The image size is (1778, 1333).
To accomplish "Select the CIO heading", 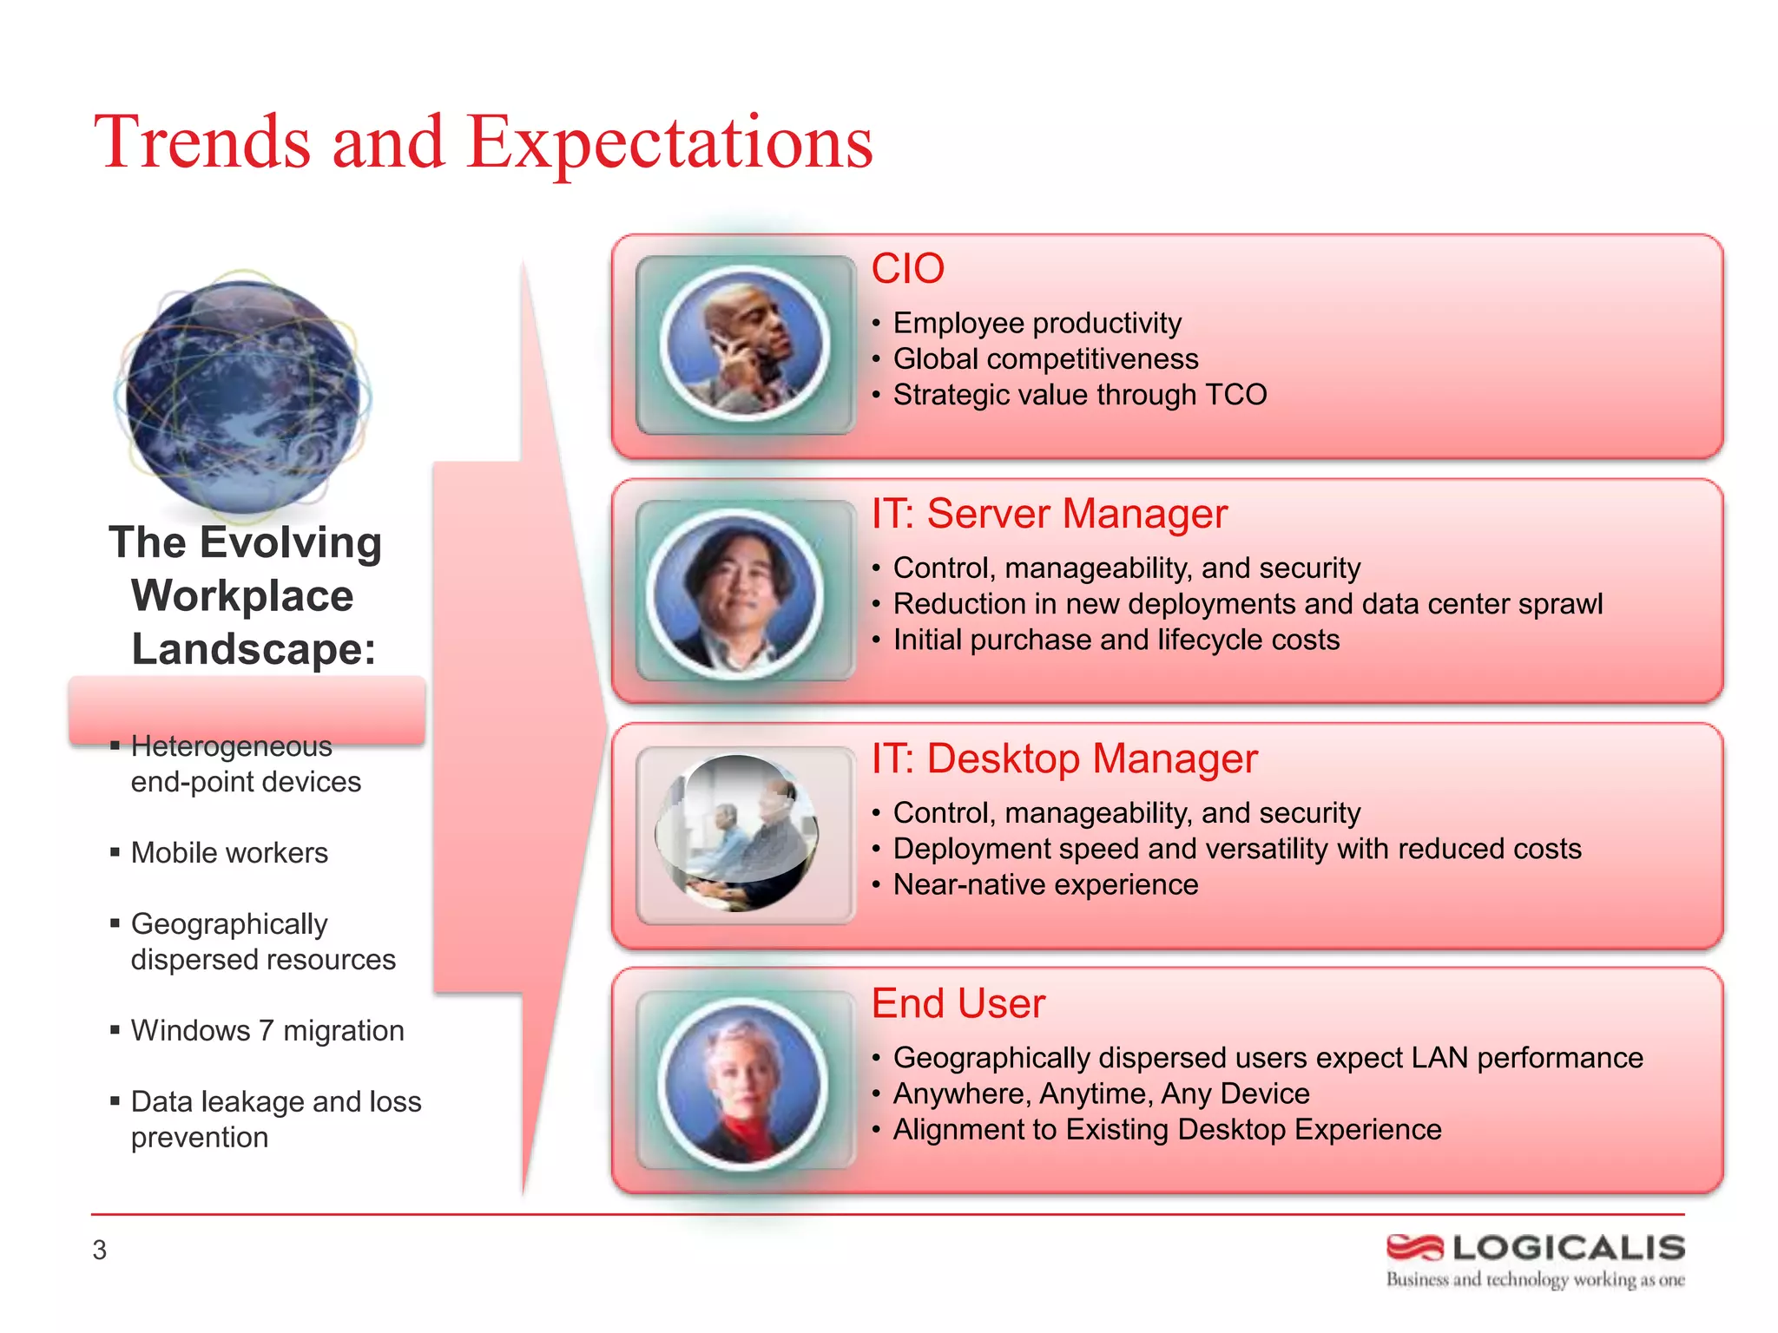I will (907, 269).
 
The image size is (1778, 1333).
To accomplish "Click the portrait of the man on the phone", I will (745, 345).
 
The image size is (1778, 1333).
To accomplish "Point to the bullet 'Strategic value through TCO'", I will (1079, 395).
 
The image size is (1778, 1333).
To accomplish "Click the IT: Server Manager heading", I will (1049, 514).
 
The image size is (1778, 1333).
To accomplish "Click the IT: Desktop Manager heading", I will (1064, 758).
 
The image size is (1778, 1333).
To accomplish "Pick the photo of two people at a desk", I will (738, 834).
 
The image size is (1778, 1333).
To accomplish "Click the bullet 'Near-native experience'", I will (1045, 884).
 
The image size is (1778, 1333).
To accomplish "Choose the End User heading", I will (958, 1004).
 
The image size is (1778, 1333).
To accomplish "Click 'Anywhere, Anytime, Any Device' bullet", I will (1101, 1093).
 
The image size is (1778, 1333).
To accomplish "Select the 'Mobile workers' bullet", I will (229, 853).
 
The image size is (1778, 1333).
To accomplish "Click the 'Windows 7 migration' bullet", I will (267, 1031).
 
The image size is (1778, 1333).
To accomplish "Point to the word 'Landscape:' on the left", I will (254, 649).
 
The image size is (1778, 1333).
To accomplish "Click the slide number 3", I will (100, 1251).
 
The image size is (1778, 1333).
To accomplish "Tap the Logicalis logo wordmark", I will (1568, 1248).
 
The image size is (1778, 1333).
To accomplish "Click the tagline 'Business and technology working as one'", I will (1535, 1280).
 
